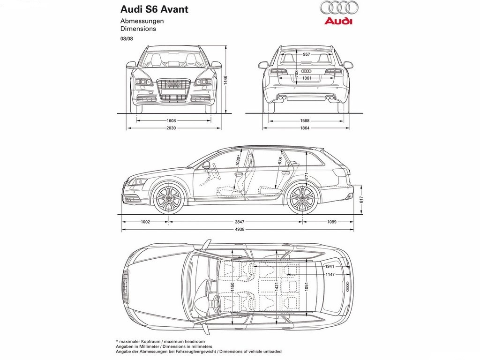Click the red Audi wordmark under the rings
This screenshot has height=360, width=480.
point(338,21)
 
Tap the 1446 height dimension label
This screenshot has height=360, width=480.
point(225,80)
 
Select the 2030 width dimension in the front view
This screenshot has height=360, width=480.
point(171,128)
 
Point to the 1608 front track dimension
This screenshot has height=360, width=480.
point(171,120)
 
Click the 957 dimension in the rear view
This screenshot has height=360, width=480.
point(306,54)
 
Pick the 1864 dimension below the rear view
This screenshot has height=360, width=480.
point(305,128)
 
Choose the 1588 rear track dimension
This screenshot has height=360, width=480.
point(305,120)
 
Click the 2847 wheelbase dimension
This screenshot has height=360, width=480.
point(240,222)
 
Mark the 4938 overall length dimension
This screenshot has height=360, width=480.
point(240,229)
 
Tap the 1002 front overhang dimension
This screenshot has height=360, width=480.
point(145,222)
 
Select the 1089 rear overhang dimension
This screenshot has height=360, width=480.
point(331,222)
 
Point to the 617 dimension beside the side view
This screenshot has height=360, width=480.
point(361,200)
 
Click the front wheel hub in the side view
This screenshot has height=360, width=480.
point(169,199)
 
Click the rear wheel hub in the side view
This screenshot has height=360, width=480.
point(302,199)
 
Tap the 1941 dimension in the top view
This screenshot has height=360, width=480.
point(330,266)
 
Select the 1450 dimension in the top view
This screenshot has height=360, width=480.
point(232,286)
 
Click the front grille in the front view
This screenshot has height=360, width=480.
point(173,90)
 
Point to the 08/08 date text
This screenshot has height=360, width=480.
point(127,39)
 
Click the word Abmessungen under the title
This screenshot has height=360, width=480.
point(142,21)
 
